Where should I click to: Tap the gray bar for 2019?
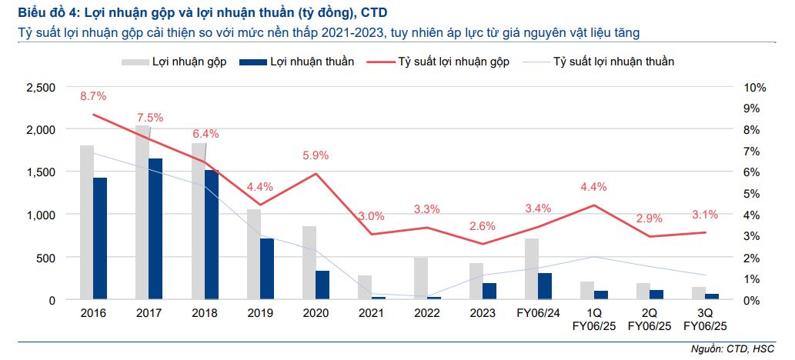(x=253, y=253)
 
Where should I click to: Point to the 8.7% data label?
(x=92, y=96)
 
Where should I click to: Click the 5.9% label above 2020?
(x=316, y=155)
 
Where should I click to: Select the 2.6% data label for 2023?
(x=482, y=226)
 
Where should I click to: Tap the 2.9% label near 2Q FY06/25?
(x=649, y=219)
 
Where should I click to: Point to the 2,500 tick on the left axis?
(x=41, y=88)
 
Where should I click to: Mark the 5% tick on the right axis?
(x=751, y=194)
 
